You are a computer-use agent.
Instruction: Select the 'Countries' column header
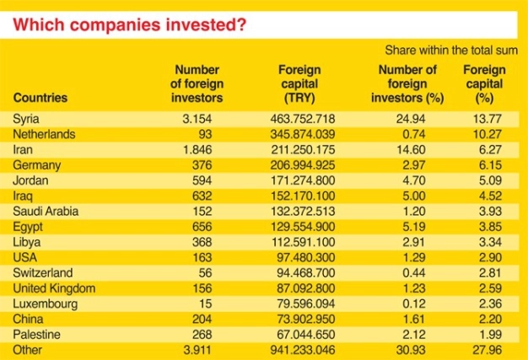40,98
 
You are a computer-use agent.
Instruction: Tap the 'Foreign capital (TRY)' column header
299,84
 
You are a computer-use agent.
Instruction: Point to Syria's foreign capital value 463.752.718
299,120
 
